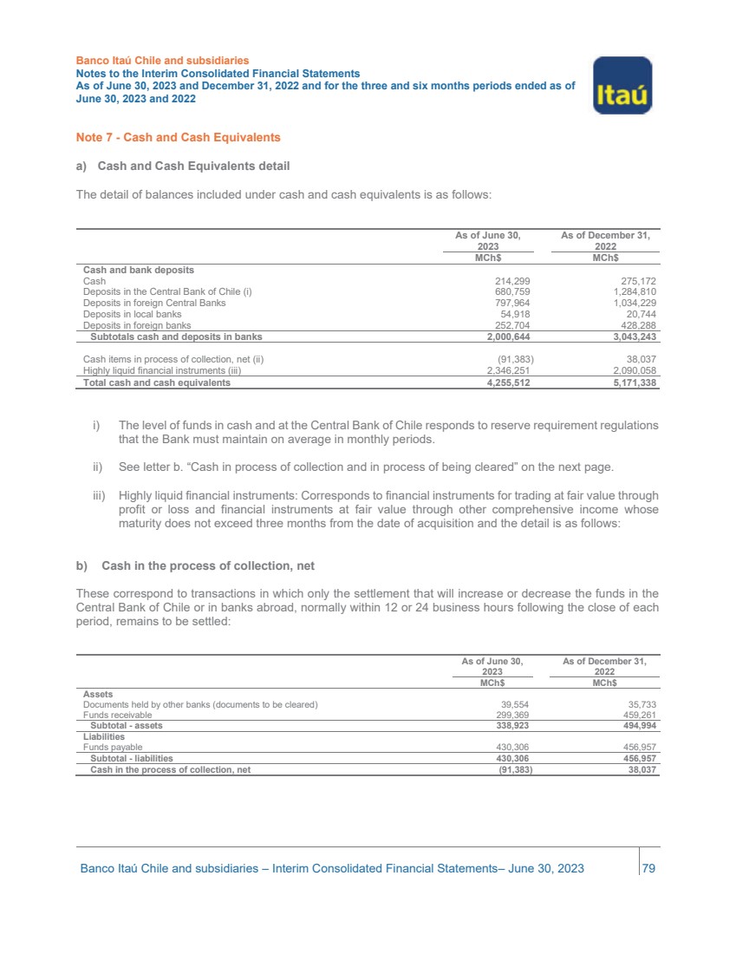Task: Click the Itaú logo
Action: pos(622,85)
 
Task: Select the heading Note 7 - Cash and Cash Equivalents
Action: pos(178,138)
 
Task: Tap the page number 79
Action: pos(648,869)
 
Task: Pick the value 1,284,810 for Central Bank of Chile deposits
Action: pos(631,292)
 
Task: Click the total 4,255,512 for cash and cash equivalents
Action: pos(505,382)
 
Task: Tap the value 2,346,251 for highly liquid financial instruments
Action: pos(505,370)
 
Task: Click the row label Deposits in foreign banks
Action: pos(137,326)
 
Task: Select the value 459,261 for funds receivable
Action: pos(635,715)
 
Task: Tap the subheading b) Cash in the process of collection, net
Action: pos(195,565)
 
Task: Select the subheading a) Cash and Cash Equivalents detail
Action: pos(182,166)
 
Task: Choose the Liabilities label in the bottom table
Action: pos(104,736)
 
